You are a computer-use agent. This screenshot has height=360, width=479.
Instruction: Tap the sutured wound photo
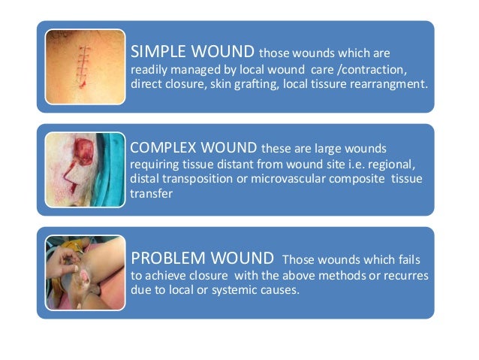point(85,66)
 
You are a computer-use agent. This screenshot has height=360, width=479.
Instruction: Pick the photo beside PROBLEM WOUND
point(85,273)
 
